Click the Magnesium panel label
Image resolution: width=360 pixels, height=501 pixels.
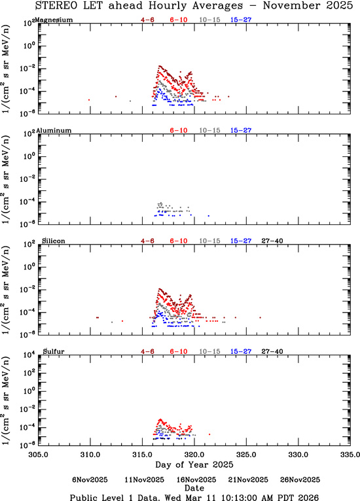[x=54, y=20]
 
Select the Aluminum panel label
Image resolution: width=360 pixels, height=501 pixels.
[x=54, y=130]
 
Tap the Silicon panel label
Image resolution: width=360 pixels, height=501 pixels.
[x=54, y=241]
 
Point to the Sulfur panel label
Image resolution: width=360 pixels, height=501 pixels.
[x=54, y=351]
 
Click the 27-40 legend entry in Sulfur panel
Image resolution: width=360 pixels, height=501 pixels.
[x=272, y=351]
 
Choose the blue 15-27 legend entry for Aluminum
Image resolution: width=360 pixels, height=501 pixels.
[x=241, y=130]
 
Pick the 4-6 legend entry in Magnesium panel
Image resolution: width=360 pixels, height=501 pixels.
[x=147, y=20]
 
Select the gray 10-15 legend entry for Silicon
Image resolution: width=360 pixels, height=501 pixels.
[x=209, y=241]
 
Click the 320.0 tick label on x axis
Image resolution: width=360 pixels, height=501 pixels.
[x=194, y=455]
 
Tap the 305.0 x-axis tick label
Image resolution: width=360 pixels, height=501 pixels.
[x=39, y=455]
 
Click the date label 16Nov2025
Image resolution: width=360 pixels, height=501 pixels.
[x=196, y=480]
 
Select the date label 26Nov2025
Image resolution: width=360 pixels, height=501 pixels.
[x=300, y=480]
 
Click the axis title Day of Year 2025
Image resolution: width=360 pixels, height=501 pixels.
[x=194, y=464]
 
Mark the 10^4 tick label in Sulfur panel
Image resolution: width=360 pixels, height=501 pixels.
[x=30, y=355]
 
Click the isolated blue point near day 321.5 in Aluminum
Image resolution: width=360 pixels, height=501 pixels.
[x=209, y=216]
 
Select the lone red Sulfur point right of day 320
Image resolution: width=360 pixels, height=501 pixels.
[x=209, y=434]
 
